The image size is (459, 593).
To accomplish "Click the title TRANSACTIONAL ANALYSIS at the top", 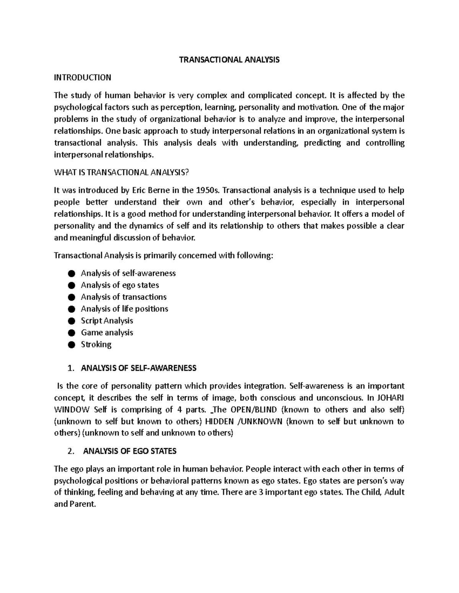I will (230, 60).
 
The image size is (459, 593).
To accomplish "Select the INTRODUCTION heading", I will (83, 78).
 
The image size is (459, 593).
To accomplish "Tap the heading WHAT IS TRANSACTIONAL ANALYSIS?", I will (122, 172).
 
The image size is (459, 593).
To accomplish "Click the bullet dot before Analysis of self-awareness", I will (71, 273).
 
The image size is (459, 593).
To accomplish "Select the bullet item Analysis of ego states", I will (120, 285).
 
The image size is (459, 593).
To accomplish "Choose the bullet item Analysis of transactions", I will (124, 297).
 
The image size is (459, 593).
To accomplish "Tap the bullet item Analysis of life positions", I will (124, 309).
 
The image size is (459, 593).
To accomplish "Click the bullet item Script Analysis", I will (107, 320).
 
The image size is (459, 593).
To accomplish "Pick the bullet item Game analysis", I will (107, 332).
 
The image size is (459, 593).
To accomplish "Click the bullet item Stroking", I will (96, 344).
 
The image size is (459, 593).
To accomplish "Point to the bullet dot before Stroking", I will (71, 344).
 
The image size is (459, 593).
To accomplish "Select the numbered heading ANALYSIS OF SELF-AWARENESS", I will (138, 368).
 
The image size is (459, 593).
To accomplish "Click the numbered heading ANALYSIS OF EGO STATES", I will (130, 451).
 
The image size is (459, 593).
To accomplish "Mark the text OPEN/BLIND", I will (254, 409).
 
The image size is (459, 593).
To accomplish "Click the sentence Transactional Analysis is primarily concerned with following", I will (164, 255).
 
